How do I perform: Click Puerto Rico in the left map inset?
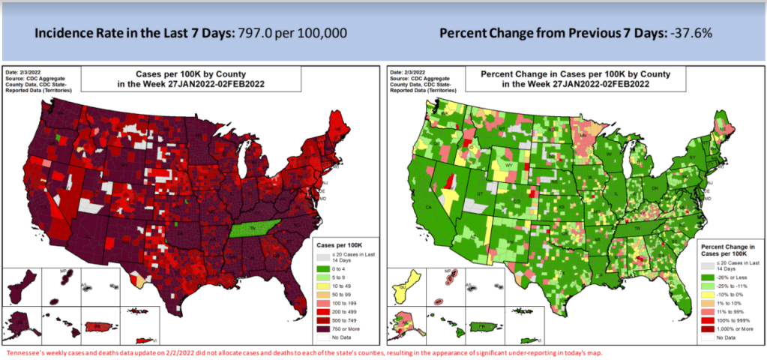95,326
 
